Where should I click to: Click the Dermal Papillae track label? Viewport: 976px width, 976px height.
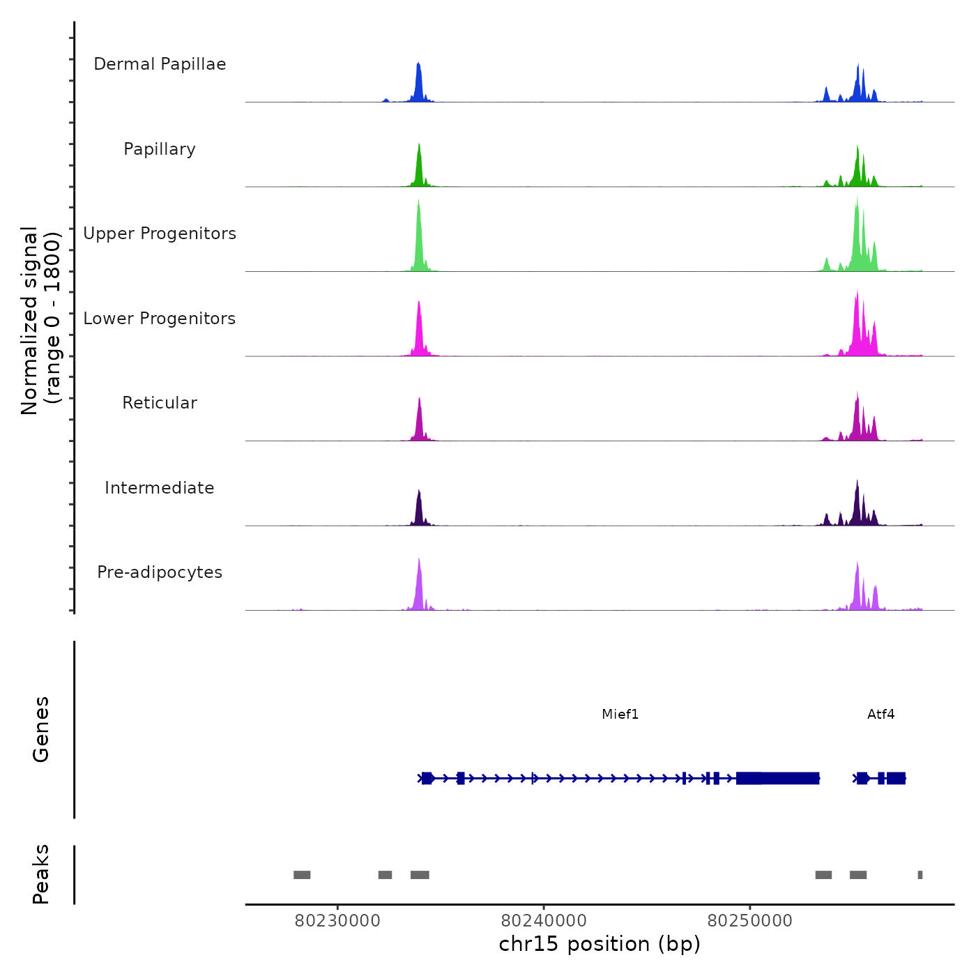tap(160, 64)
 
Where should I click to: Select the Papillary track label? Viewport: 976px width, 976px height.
tap(160, 149)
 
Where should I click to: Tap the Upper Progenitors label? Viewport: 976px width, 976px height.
tap(160, 234)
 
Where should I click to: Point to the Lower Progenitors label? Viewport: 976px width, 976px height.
tap(160, 319)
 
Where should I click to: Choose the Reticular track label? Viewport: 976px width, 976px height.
tap(160, 403)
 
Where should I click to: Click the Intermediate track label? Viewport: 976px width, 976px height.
tap(160, 488)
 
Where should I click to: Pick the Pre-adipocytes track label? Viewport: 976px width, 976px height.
tap(160, 572)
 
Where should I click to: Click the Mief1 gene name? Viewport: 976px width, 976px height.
tap(620, 714)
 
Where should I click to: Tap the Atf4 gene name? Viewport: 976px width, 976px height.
tap(880, 714)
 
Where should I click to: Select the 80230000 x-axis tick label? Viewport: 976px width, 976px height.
tap(337, 920)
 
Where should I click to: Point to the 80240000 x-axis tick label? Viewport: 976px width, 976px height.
tap(544, 920)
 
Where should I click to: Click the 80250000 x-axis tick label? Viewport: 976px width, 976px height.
tap(750, 920)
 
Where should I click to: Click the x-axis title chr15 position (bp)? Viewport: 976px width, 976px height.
tap(600, 944)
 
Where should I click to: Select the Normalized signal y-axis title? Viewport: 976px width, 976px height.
tap(40, 321)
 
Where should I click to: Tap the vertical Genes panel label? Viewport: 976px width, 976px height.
tap(41, 729)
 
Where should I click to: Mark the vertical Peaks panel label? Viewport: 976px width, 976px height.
tap(41, 874)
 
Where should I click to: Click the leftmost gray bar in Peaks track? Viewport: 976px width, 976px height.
tap(302, 875)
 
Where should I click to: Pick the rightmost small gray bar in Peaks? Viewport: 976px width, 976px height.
tap(920, 875)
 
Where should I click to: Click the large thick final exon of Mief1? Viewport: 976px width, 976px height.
tap(777, 778)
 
